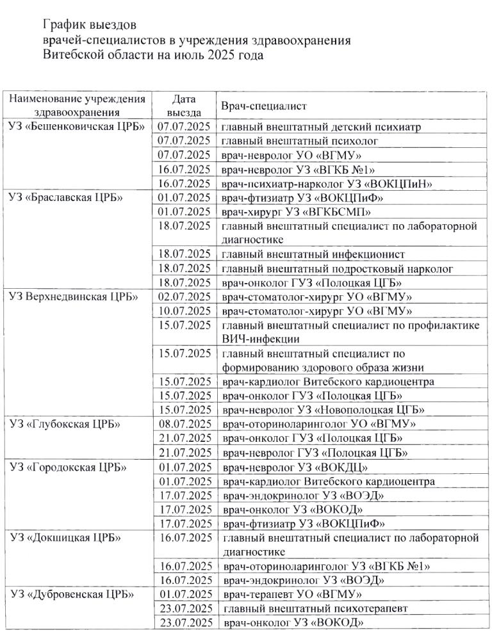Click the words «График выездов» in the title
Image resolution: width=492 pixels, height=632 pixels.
[x=89, y=26]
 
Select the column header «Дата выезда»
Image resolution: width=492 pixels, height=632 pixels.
[x=184, y=106]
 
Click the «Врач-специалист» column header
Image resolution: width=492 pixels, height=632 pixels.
[x=263, y=106]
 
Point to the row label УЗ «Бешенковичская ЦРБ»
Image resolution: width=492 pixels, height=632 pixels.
[x=76, y=127]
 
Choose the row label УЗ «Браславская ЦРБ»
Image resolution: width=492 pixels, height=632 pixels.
[x=67, y=197]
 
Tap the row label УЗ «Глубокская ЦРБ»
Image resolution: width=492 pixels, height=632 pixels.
[x=66, y=424]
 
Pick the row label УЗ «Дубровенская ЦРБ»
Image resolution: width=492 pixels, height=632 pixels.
[x=72, y=594]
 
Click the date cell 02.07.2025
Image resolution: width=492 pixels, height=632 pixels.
[x=184, y=296]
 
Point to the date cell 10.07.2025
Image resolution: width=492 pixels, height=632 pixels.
[x=184, y=311]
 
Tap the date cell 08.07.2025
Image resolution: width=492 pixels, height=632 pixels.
[x=184, y=424]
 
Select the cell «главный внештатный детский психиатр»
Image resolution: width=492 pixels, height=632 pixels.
[x=321, y=127]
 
